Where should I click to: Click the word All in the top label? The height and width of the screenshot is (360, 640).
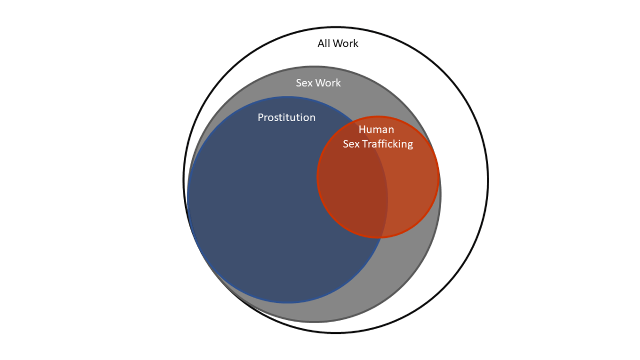pyautogui.click(x=323, y=44)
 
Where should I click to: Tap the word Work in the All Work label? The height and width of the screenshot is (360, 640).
pyautogui.click(x=345, y=44)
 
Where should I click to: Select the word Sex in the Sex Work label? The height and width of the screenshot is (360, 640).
pyautogui.click(x=304, y=83)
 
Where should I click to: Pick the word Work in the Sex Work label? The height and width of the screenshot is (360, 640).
pyautogui.click(x=328, y=83)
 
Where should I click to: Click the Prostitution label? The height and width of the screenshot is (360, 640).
pyautogui.click(x=286, y=117)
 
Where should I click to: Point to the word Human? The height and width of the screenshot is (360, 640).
pyautogui.click(x=376, y=130)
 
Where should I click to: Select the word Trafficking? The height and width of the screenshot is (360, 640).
pyautogui.click(x=388, y=144)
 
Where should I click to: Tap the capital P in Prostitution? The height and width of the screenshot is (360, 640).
pyautogui.click(x=261, y=117)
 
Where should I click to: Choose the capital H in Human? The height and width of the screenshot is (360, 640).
pyautogui.click(x=362, y=130)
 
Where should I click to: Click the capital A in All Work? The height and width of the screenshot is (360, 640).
pyautogui.click(x=321, y=44)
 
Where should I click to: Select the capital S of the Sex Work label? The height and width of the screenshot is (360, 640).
pyautogui.click(x=299, y=83)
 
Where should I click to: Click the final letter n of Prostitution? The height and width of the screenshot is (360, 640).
pyautogui.click(x=313, y=118)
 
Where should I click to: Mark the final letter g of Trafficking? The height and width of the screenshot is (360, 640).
pyautogui.click(x=410, y=145)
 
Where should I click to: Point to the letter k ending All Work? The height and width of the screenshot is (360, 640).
pyautogui.click(x=356, y=44)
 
